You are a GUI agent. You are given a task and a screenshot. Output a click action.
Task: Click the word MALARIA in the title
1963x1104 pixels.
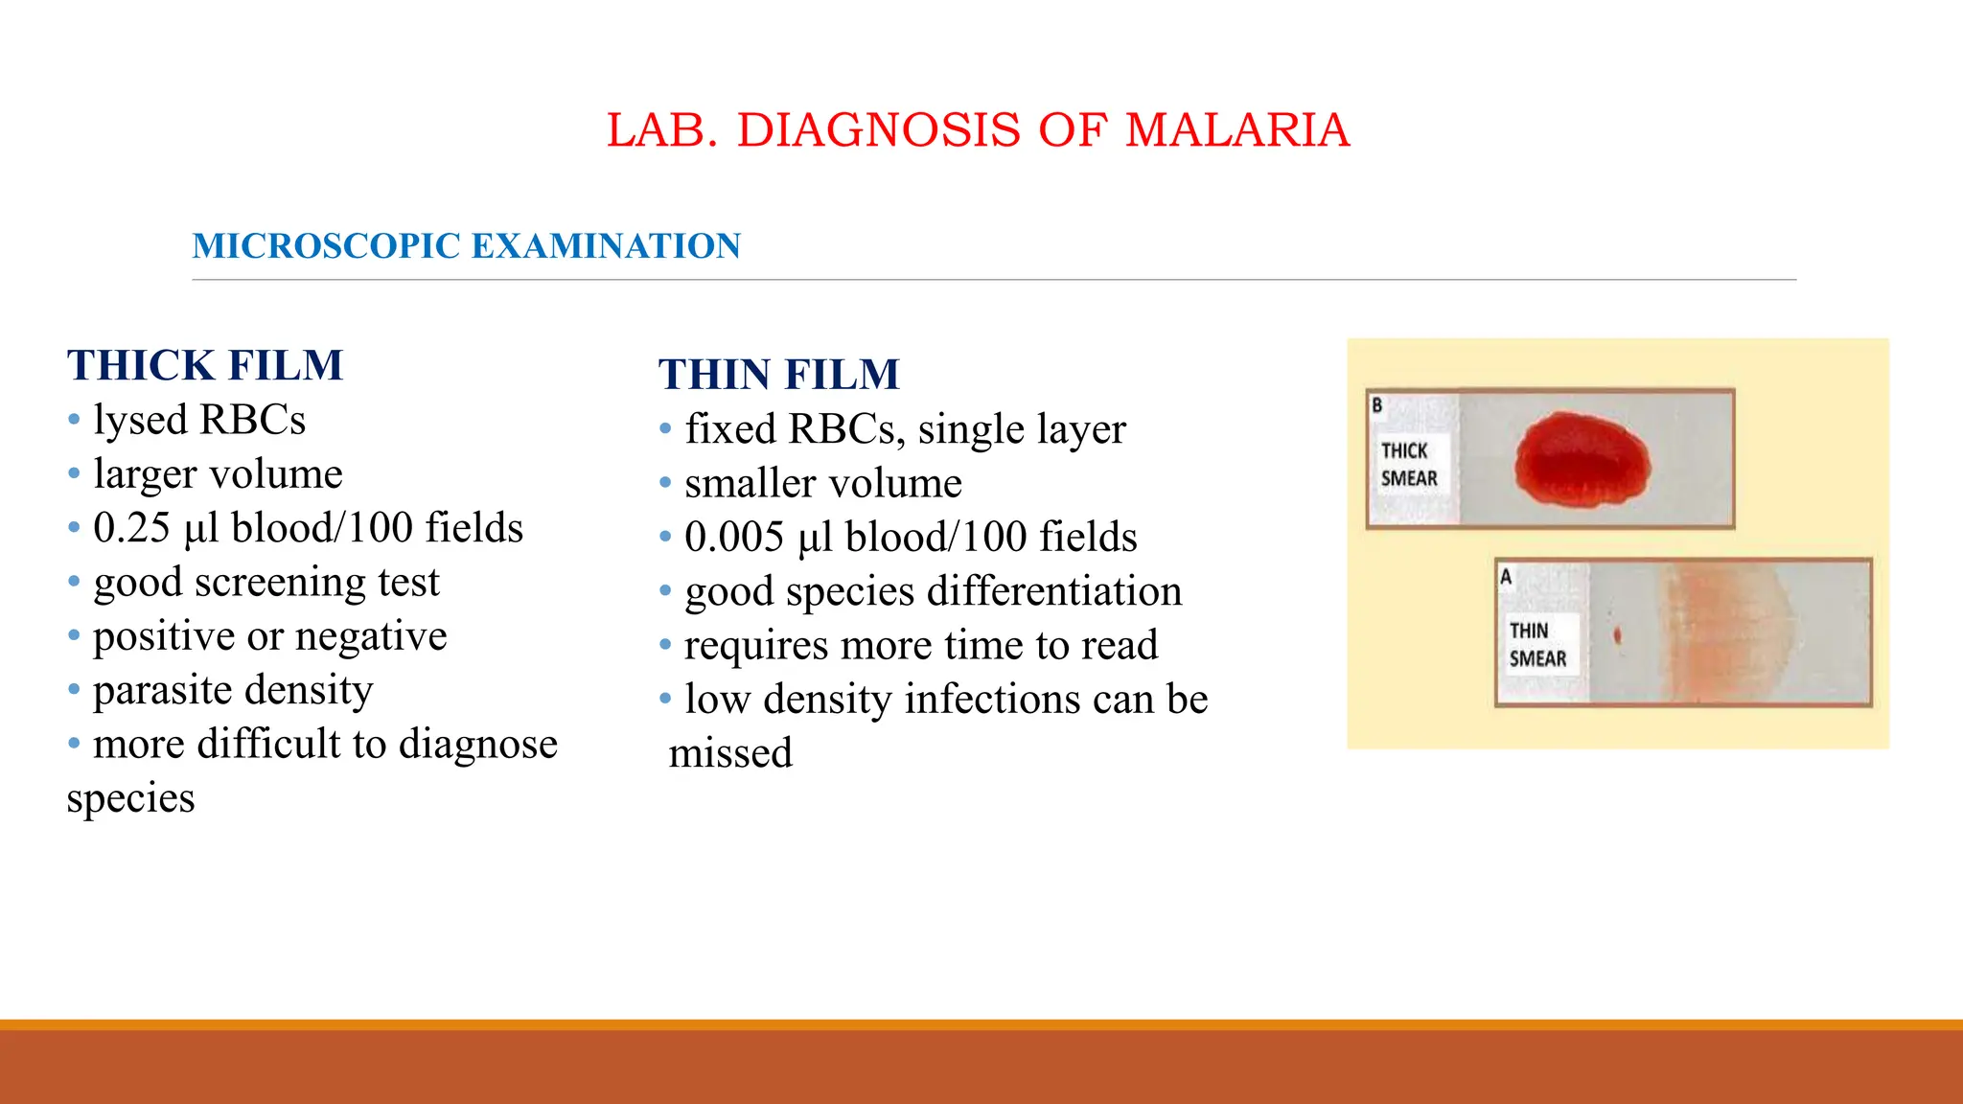[x=1236, y=130]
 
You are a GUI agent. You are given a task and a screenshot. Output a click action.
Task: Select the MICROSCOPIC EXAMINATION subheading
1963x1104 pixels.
[x=466, y=246]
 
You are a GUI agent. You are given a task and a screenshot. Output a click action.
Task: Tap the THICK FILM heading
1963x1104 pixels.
[x=205, y=365]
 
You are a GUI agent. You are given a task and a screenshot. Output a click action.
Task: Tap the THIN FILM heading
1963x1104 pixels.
[x=778, y=375]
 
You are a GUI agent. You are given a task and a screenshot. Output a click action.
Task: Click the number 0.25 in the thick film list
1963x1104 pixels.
[x=131, y=528]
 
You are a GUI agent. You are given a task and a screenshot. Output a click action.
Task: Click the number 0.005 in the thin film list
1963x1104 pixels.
[x=734, y=538]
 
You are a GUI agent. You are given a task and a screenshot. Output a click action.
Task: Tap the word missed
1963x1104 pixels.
[x=730, y=753]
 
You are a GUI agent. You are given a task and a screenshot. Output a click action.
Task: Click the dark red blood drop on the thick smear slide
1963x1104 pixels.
[x=1582, y=461]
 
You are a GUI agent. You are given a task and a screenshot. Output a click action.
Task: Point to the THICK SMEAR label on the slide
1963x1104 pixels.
[x=1408, y=465]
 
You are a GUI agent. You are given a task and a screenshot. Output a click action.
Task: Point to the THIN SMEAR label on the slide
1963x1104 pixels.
[x=1536, y=645]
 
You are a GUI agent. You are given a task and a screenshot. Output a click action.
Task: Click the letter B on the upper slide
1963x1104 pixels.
[x=1377, y=405]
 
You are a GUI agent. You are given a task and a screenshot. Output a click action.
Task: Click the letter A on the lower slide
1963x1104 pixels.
[x=1506, y=577]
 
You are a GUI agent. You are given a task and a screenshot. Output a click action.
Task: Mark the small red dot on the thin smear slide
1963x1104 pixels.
[x=1618, y=634]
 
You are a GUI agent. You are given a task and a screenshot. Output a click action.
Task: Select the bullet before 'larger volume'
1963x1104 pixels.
[x=74, y=474]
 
